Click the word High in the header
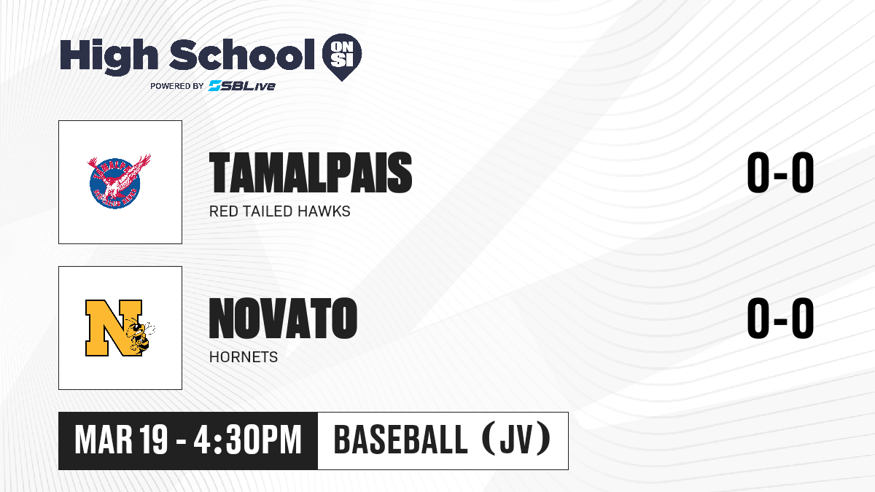tap(109, 57)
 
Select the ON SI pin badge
tap(342, 57)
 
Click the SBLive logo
tap(241, 86)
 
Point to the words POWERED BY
tap(177, 86)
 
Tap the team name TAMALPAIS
tap(311, 173)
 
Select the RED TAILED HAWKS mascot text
tap(280, 211)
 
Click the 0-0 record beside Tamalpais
tap(780, 173)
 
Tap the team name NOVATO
tap(283, 319)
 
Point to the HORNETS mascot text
tap(244, 357)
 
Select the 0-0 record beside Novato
tap(780, 319)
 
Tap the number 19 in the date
tap(154, 440)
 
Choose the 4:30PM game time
tap(248, 440)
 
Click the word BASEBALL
tap(401, 440)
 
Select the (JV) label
tap(516, 439)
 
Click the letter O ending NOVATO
tap(344, 319)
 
